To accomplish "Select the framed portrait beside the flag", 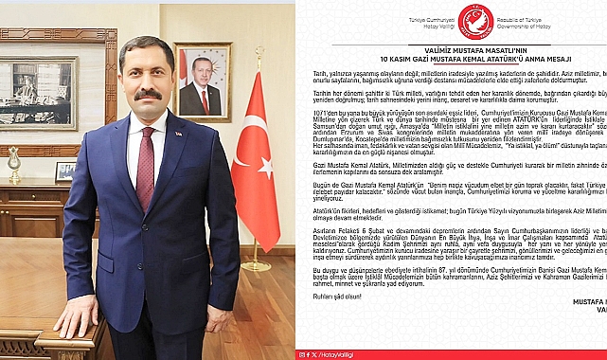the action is click(x=203, y=81).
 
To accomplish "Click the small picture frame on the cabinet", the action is click(x=65, y=171).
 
